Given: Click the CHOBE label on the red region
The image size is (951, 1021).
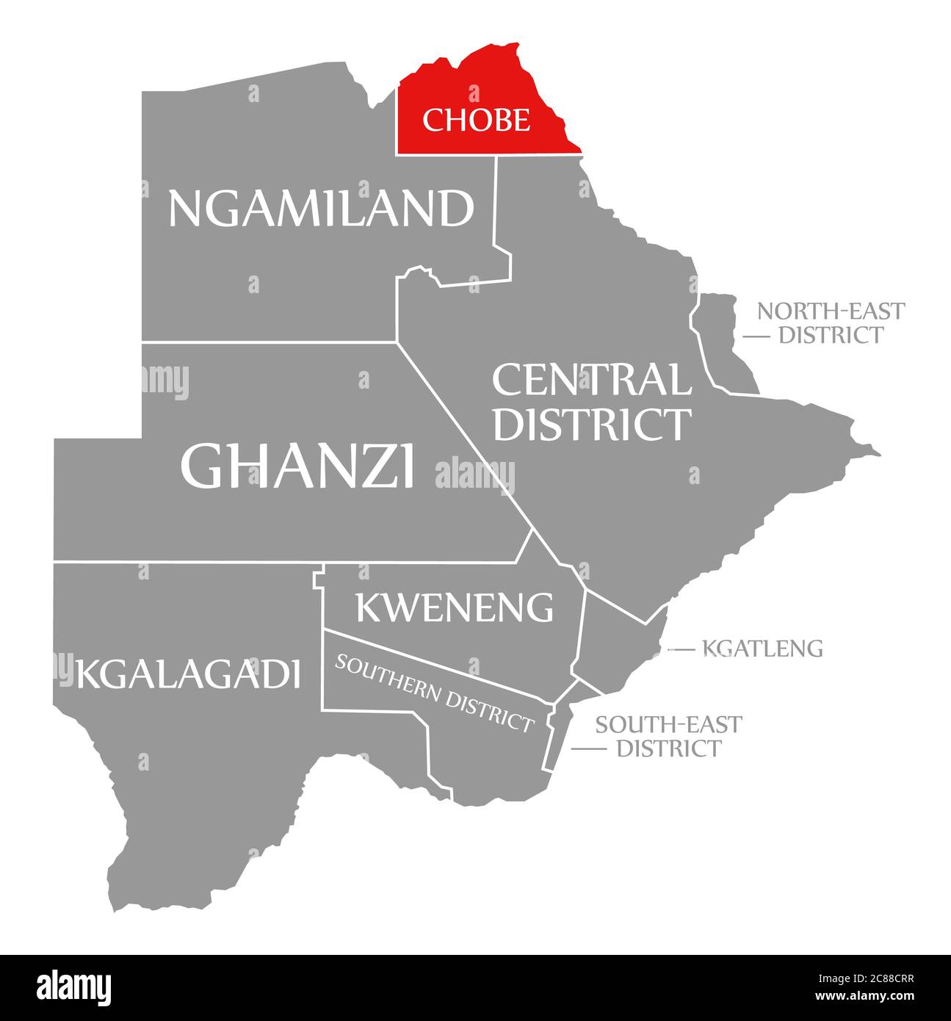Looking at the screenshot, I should [475, 120].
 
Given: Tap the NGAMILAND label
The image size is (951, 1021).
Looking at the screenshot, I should [321, 209].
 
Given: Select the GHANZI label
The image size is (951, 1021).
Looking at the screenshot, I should [297, 466].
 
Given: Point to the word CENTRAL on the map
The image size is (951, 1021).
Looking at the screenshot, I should [591, 380].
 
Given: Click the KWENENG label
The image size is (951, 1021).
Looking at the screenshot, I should [454, 607].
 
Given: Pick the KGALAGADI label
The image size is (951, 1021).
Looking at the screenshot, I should [188, 674].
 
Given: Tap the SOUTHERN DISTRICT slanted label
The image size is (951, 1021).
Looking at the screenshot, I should [434, 693].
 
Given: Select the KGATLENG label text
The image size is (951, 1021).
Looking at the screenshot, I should [762, 649].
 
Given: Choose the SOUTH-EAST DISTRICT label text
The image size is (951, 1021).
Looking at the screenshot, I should [668, 736].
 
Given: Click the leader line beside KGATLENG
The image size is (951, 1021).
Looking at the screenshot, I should [681, 649].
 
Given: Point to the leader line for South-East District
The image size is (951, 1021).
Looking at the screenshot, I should [588, 748].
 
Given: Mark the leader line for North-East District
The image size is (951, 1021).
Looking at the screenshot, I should [756, 336].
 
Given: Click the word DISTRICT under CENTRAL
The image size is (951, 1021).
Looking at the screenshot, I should [591, 424].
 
